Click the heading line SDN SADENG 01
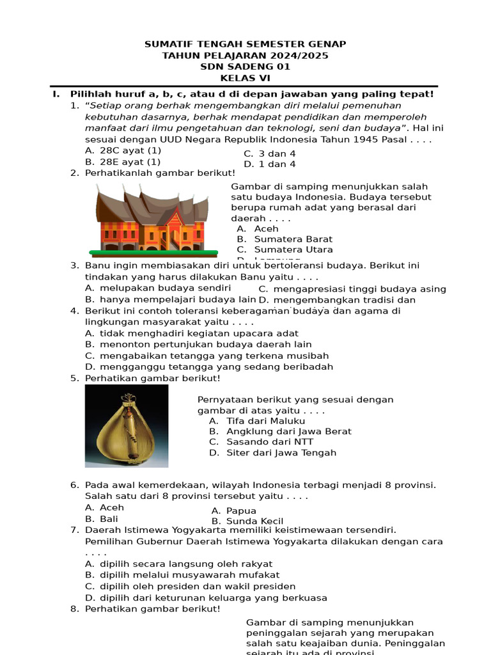click(x=245, y=67)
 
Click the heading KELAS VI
click(x=245, y=78)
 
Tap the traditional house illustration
click(x=152, y=217)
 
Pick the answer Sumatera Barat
click(x=293, y=239)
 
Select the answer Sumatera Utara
click(x=293, y=249)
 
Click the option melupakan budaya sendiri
click(x=165, y=288)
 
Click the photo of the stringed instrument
click(x=127, y=426)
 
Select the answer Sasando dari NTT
click(x=269, y=442)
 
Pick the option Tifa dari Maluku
click(x=265, y=421)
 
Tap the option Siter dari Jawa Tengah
click(x=281, y=453)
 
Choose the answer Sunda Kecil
click(x=254, y=521)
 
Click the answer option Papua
click(x=241, y=510)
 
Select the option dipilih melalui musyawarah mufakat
click(x=189, y=575)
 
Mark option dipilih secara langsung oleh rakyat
click(x=185, y=564)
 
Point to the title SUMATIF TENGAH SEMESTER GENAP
click(x=245, y=44)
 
